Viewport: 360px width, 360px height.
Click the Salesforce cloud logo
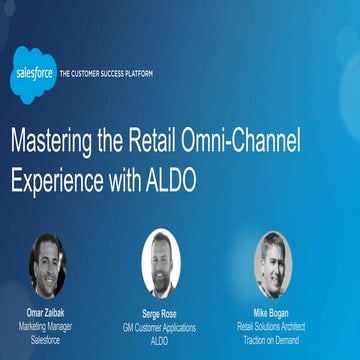point(33,74)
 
